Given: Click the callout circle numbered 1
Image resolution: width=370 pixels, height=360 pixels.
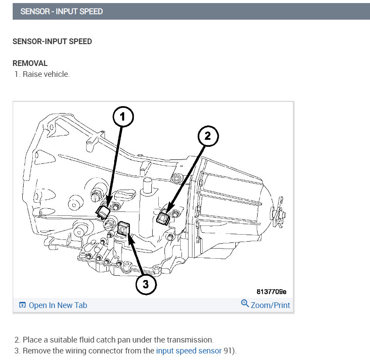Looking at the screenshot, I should (122, 117).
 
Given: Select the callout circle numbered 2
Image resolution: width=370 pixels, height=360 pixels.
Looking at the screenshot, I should (207, 136).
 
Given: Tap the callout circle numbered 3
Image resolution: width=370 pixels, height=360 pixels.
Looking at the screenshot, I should (146, 284).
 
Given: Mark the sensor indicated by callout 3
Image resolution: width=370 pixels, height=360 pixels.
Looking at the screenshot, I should (124, 228).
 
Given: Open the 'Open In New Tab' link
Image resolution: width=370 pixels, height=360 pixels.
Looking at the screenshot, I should (58, 305).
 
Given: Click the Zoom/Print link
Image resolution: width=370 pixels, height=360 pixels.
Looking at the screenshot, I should (270, 305).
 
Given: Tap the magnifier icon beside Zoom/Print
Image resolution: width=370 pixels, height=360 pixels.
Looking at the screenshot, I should (245, 304).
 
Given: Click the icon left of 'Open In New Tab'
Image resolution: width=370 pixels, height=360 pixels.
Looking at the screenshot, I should (22, 305).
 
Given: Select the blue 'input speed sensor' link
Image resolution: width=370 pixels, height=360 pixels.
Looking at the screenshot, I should (188, 350).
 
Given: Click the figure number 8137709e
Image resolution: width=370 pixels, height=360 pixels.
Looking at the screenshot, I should (272, 291).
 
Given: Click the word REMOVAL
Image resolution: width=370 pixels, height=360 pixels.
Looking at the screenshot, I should (30, 63).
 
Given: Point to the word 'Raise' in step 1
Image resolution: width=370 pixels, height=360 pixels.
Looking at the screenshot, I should (32, 74).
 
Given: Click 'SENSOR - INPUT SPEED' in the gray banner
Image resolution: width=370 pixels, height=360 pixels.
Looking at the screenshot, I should (61, 11).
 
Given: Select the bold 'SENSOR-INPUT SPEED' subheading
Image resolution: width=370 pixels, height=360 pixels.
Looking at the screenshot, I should (52, 42).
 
